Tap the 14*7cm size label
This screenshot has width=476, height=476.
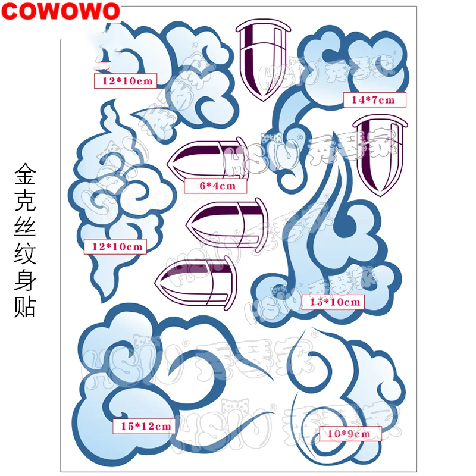coord(374,100)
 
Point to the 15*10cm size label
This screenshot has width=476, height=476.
coord(335,302)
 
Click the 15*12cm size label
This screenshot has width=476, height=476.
coord(146,426)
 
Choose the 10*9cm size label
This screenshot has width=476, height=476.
coord(348,434)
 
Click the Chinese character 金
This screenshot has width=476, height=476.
coord(25,176)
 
